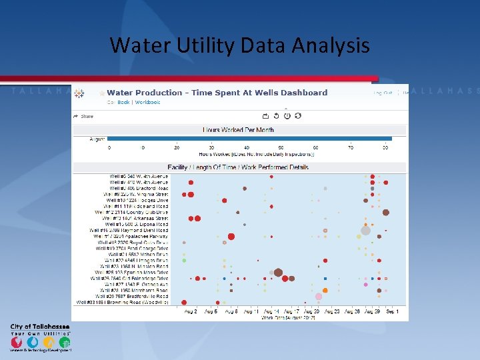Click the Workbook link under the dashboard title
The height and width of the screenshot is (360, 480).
coord(147,103)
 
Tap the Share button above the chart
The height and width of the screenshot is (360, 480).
coord(87,116)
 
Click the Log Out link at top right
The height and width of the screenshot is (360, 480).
coord(382,93)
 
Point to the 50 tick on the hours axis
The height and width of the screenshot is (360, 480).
coord(281,147)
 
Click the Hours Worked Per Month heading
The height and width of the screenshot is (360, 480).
coord(238,129)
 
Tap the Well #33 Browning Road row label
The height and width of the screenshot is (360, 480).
coord(123,302)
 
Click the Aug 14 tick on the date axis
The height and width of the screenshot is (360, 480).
coord(271,311)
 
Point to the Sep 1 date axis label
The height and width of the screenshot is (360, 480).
coord(392,311)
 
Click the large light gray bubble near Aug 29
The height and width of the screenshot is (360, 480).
coord(365,231)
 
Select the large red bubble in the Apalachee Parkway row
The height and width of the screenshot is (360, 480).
coord(231,236)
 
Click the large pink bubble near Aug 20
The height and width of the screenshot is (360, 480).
coord(319,296)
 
